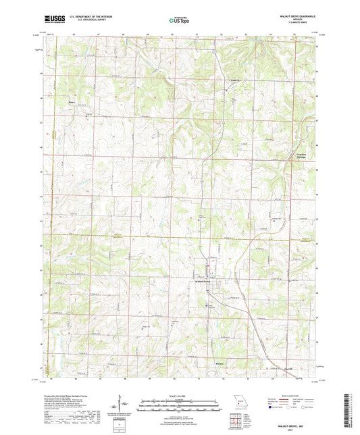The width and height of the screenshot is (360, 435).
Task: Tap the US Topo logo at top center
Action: point(178,21)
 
